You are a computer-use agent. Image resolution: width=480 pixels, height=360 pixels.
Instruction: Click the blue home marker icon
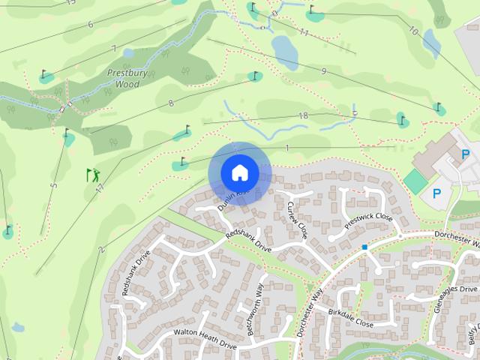[239, 172]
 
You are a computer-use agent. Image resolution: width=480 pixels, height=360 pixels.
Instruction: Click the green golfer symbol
[93, 175]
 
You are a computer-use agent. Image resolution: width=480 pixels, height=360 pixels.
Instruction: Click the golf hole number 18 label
[303, 115]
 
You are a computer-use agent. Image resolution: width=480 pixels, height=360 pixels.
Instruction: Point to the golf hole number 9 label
[323, 71]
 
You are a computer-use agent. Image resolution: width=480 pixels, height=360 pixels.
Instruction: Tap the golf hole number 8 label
[171, 103]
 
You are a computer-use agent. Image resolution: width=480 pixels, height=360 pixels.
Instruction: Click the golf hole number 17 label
[99, 190]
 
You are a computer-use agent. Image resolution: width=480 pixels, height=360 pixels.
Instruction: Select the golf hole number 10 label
[413, 31]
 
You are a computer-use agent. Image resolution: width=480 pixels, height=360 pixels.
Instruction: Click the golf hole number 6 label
[90, 25]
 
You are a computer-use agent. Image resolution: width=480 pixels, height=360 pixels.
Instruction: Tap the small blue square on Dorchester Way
[364, 247]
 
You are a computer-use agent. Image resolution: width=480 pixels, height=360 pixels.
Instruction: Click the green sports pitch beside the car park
[414, 180]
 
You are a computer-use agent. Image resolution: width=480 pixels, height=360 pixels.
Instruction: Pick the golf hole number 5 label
[54, 186]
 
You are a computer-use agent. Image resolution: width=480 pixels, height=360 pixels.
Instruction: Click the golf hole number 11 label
[304, 32]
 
